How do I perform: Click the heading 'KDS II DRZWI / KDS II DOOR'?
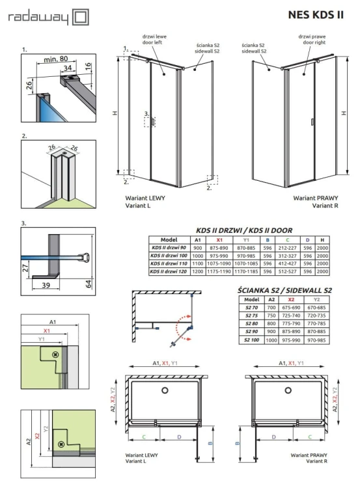click(x=244, y=230)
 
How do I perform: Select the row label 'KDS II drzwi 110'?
click(x=170, y=264)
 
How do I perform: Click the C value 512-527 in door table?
click(x=289, y=273)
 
